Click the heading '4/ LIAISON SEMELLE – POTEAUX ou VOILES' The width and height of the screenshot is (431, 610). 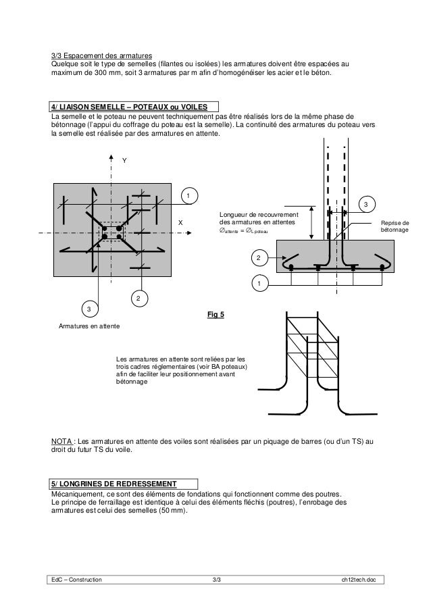pyautogui.click(x=133, y=107)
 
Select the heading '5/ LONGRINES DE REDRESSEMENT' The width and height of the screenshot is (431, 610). pyautogui.click(x=113, y=483)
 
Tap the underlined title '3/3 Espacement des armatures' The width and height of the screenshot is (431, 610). pyautogui.click(x=102, y=55)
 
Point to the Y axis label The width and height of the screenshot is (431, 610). pyautogui.click(x=124, y=161)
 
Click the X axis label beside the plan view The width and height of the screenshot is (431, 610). pyautogui.click(x=180, y=222)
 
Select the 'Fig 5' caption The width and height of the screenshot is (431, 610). pyautogui.click(x=215, y=314)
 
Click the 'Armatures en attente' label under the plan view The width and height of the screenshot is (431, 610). pyautogui.click(x=88, y=326)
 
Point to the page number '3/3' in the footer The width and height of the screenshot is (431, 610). pyautogui.click(x=216, y=580)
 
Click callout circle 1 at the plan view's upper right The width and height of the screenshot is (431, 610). pyautogui.click(x=189, y=197)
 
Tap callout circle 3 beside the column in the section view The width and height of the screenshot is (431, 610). pyautogui.click(x=365, y=204)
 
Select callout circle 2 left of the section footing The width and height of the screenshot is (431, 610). pyautogui.click(x=257, y=258)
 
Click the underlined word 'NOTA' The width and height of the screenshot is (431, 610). pyautogui.click(x=64, y=440)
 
